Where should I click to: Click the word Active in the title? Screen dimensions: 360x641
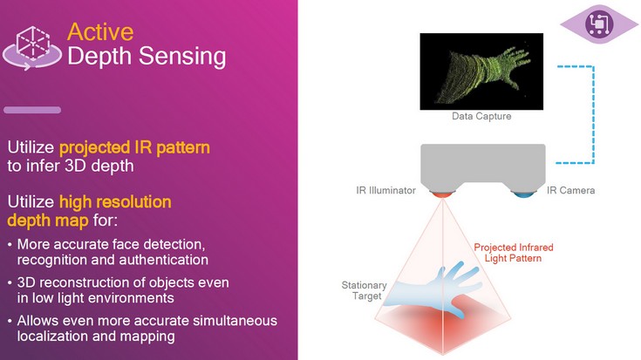[x=100, y=32]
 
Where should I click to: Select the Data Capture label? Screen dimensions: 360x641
[x=481, y=116]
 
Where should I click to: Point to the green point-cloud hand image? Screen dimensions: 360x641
[x=481, y=70]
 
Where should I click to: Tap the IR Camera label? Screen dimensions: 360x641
[x=571, y=189]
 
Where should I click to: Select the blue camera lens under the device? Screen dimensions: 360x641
[x=522, y=194]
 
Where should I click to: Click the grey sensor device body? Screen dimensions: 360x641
[x=483, y=166]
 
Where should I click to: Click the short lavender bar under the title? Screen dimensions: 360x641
[x=32, y=110]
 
